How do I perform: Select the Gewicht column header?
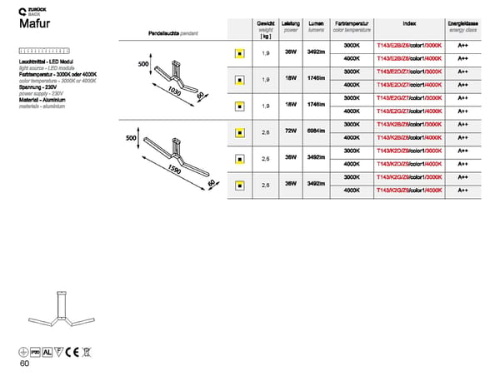266,29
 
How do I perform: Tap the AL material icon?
47,350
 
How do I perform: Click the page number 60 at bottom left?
24,363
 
